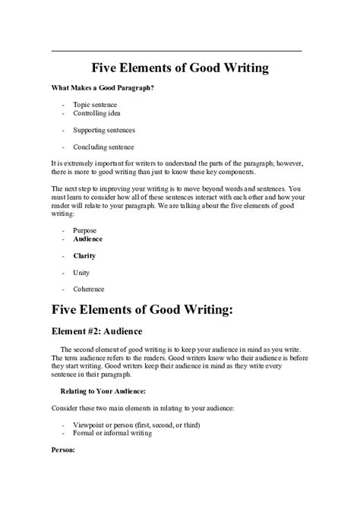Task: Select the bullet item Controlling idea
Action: (97, 113)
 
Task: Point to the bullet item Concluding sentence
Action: (103, 147)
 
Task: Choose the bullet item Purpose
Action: (85, 229)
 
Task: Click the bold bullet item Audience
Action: (87, 239)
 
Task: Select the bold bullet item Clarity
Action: (84, 256)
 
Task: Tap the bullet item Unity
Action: (81, 273)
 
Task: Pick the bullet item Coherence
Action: (88, 289)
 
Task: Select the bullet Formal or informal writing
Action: (112, 434)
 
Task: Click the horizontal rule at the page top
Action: (176, 51)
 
